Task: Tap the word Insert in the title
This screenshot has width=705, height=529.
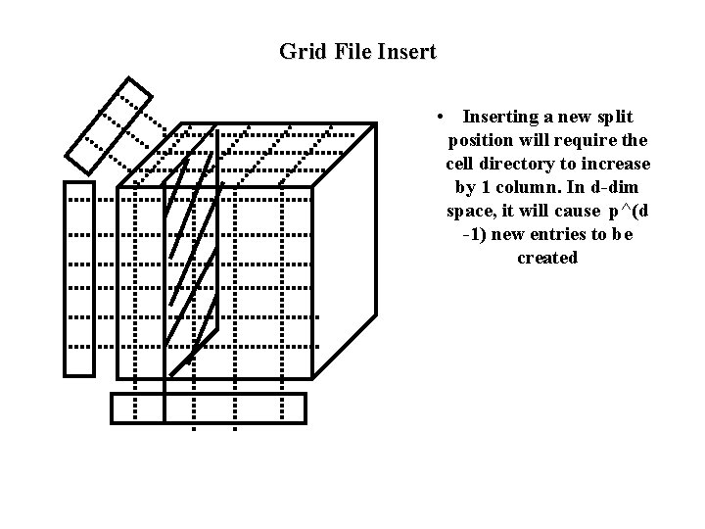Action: pos(403,51)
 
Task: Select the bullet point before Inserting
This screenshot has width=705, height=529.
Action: pos(444,117)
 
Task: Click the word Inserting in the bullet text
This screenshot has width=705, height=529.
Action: pos(505,117)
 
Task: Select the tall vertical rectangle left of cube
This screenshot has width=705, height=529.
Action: pos(79,278)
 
